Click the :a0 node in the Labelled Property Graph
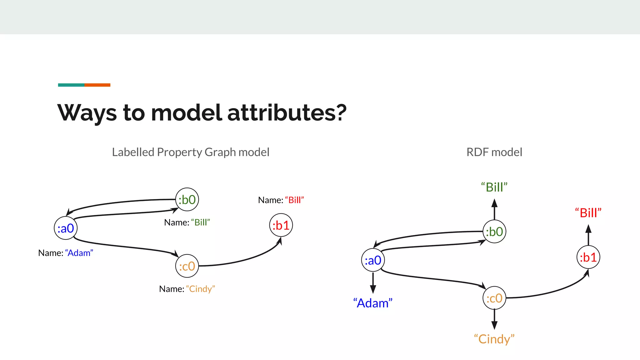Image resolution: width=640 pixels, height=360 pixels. click(66, 228)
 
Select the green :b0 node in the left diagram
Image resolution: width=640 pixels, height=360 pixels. click(187, 199)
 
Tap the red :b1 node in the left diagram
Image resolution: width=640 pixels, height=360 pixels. click(281, 225)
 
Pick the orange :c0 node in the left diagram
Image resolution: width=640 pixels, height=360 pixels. click(187, 266)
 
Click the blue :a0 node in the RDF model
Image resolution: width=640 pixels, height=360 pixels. click(373, 260)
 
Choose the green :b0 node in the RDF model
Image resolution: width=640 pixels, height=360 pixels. click(494, 232)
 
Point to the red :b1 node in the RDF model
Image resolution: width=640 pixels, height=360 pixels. click(588, 257)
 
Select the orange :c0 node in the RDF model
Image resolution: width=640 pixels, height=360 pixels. click(494, 298)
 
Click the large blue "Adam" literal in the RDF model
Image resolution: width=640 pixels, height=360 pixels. click(373, 303)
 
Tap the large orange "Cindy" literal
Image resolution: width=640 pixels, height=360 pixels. click(494, 339)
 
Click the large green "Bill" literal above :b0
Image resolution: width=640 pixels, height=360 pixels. click(494, 187)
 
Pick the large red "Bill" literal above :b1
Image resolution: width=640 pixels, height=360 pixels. click(588, 213)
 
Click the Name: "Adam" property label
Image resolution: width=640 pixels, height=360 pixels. click(66, 253)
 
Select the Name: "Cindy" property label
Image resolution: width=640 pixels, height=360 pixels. click(187, 289)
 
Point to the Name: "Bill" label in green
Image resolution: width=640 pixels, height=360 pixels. click(187, 222)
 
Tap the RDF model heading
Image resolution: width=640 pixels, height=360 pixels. click(494, 152)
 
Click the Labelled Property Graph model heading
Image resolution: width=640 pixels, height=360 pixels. click(191, 152)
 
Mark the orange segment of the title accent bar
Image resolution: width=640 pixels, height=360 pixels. click(97, 85)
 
